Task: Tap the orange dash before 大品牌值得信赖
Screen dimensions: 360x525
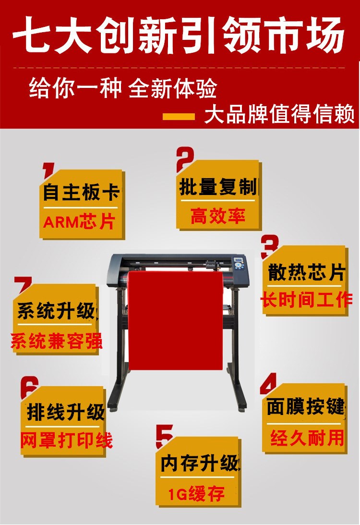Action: (179, 117)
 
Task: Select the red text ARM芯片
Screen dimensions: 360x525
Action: (79, 221)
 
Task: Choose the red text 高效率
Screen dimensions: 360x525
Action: (218, 216)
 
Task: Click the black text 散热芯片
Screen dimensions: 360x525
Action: (306, 272)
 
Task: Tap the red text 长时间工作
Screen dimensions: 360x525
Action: (306, 299)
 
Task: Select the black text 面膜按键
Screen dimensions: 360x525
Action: (306, 406)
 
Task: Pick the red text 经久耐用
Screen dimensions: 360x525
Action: (307, 438)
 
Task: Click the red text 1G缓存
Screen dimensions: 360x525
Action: (196, 493)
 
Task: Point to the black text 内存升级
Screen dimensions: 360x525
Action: (200, 463)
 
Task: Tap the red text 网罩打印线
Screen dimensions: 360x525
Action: (66, 440)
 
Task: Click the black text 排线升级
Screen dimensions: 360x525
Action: (66, 412)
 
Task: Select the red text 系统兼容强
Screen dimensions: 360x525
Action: (56, 341)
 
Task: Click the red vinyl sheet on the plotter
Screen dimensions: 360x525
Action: (176, 320)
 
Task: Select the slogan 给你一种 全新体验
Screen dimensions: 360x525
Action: (122, 89)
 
